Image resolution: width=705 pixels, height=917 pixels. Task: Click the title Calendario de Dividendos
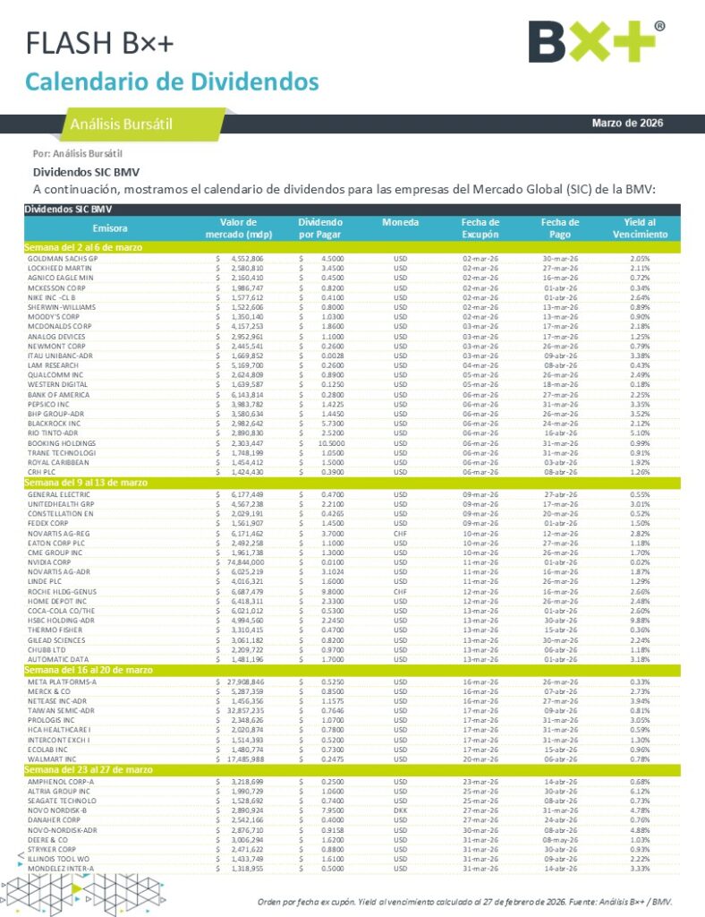pos(172,81)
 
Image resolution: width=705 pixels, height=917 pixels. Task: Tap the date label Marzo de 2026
pos(627,123)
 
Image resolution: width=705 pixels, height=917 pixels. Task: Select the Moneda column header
pos(400,222)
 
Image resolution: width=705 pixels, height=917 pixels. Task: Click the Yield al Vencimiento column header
pos(640,228)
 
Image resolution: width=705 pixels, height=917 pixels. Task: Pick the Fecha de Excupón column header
pos(480,228)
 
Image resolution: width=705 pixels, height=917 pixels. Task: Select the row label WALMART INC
pos(53,759)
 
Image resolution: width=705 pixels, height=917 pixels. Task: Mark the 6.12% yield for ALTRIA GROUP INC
pos(640,791)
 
